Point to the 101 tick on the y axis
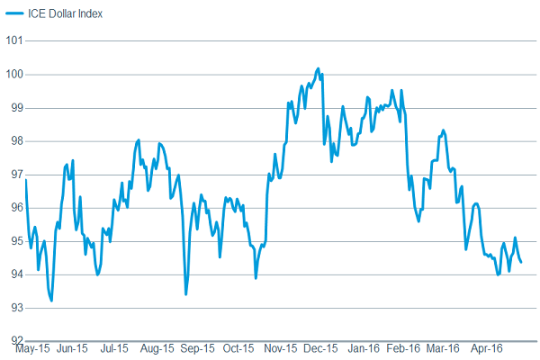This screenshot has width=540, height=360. (x=12, y=40)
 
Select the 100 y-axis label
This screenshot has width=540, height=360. (x=12, y=74)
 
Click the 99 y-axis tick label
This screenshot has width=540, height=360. (x=12, y=107)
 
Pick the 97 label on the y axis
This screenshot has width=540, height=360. (x=12, y=174)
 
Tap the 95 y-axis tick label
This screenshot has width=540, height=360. (x=12, y=240)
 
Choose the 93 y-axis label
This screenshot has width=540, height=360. (x=12, y=307)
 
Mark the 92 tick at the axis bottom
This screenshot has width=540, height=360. (x=12, y=340)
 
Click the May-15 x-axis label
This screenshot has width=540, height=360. (x=32, y=347)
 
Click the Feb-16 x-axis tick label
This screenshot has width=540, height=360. (x=404, y=347)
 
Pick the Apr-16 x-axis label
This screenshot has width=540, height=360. (x=486, y=347)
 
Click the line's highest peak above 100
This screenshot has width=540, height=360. (x=318, y=67)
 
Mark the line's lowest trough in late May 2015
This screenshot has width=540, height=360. (x=51, y=301)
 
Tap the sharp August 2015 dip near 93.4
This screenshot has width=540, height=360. (x=185, y=294)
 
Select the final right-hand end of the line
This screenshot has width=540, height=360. (x=522, y=262)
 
